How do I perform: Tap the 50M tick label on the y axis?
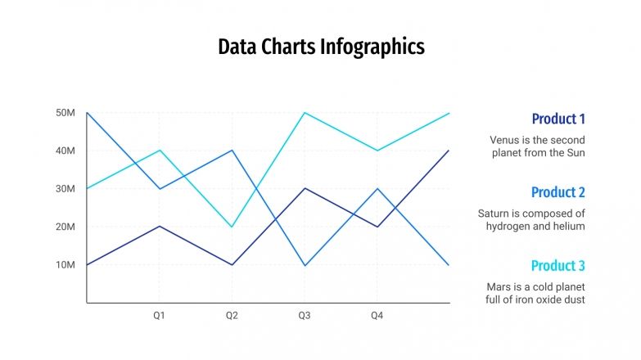coord(65,112)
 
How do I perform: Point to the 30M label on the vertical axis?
coord(65,189)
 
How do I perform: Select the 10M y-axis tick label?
coord(65,265)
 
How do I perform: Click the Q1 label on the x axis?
coord(160,315)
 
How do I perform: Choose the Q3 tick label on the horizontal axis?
coord(305,315)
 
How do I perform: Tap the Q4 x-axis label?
coord(377,315)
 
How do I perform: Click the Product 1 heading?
coord(558,119)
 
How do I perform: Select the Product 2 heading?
coord(558,192)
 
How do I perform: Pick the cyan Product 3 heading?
coord(558,266)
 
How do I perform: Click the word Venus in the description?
coord(505,140)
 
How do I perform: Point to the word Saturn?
coord(495,214)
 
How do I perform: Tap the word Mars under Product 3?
coord(499,287)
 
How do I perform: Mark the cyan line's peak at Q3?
coord(305,113)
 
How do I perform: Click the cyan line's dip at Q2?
coord(232,227)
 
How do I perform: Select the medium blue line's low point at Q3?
coord(305,265)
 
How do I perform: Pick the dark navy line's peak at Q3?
coord(305,188)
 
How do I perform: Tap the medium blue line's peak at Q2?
coord(232,151)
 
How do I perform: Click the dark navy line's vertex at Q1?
coord(160,227)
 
